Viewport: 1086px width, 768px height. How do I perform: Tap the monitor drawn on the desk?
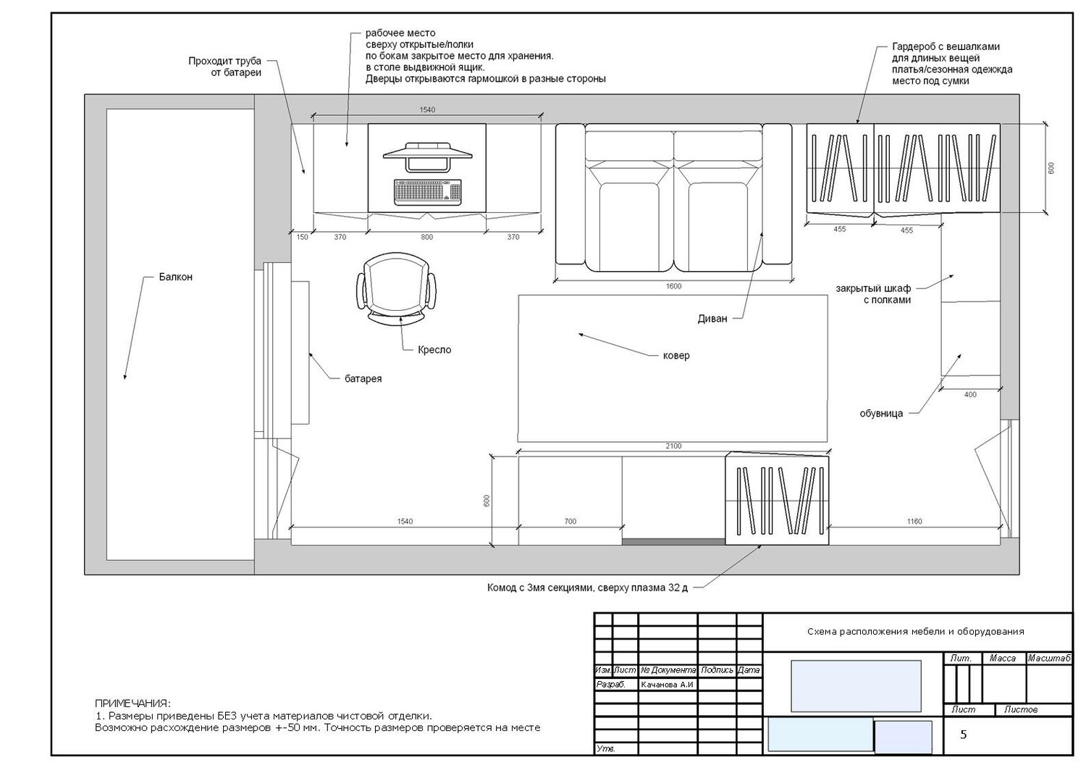click(x=427, y=156)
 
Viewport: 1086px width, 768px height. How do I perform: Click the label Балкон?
click(x=175, y=277)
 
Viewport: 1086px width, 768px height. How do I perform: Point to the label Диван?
click(x=712, y=319)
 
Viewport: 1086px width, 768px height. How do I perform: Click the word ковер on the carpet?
click(x=675, y=356)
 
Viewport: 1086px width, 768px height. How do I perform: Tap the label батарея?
click(x=363, y=379)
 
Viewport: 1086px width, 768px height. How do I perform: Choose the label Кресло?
click(x=434, y=350)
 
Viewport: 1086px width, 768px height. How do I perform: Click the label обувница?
click(x=881, y=414)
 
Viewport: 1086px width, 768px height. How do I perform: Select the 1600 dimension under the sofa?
click(x=673, y=286)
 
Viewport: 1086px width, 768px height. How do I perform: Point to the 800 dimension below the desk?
click(x=426, y=237)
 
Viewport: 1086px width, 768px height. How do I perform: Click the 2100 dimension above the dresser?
click(x=673, y=446)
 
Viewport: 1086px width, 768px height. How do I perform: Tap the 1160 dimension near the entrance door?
click(x=914, y=522)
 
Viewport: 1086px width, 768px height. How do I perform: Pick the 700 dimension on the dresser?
click(x=571, y=522)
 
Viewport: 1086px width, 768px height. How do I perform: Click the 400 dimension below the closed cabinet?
click(x=970, y=395)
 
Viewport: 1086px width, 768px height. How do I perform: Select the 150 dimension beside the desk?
click(x=302, y=237)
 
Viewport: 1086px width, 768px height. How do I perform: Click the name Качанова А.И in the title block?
click(x=667, y=685)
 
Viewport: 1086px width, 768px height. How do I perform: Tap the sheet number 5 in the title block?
click(x=964, y=735)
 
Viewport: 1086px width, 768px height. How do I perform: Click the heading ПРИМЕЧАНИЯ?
click(x=132, y=704)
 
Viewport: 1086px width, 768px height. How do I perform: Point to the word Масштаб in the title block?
click(x=1049, y=659)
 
